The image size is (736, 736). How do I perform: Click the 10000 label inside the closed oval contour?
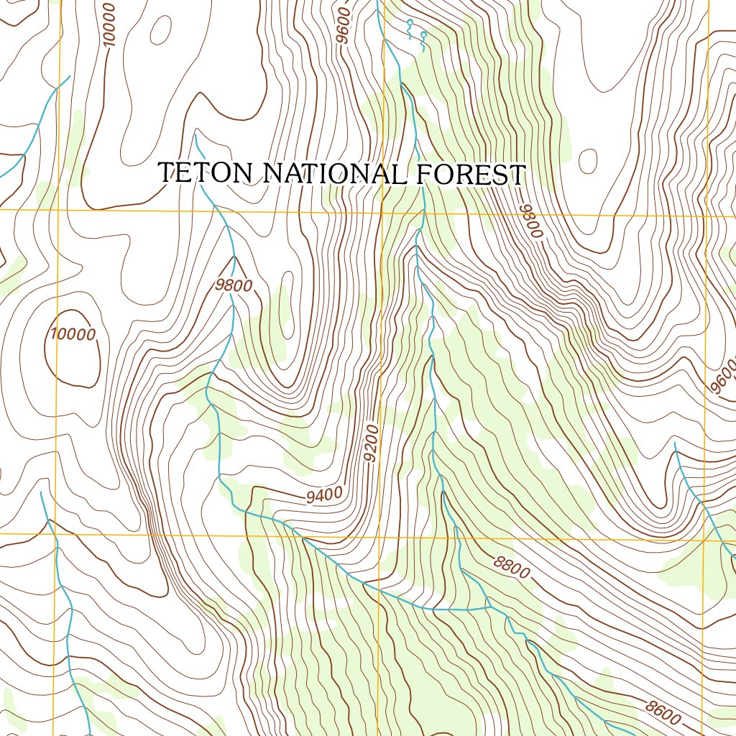(73, 334)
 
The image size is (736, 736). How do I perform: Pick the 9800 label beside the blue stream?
(234, 285)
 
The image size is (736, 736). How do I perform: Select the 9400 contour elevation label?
(323, 494)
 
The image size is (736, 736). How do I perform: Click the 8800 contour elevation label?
(512, 568)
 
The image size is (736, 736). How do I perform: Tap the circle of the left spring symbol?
(410, 23)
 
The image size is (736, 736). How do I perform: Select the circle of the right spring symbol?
(423, 34)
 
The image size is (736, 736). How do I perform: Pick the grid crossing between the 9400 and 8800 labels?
(382, 536)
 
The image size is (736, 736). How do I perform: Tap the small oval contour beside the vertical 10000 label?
(160, 29)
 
